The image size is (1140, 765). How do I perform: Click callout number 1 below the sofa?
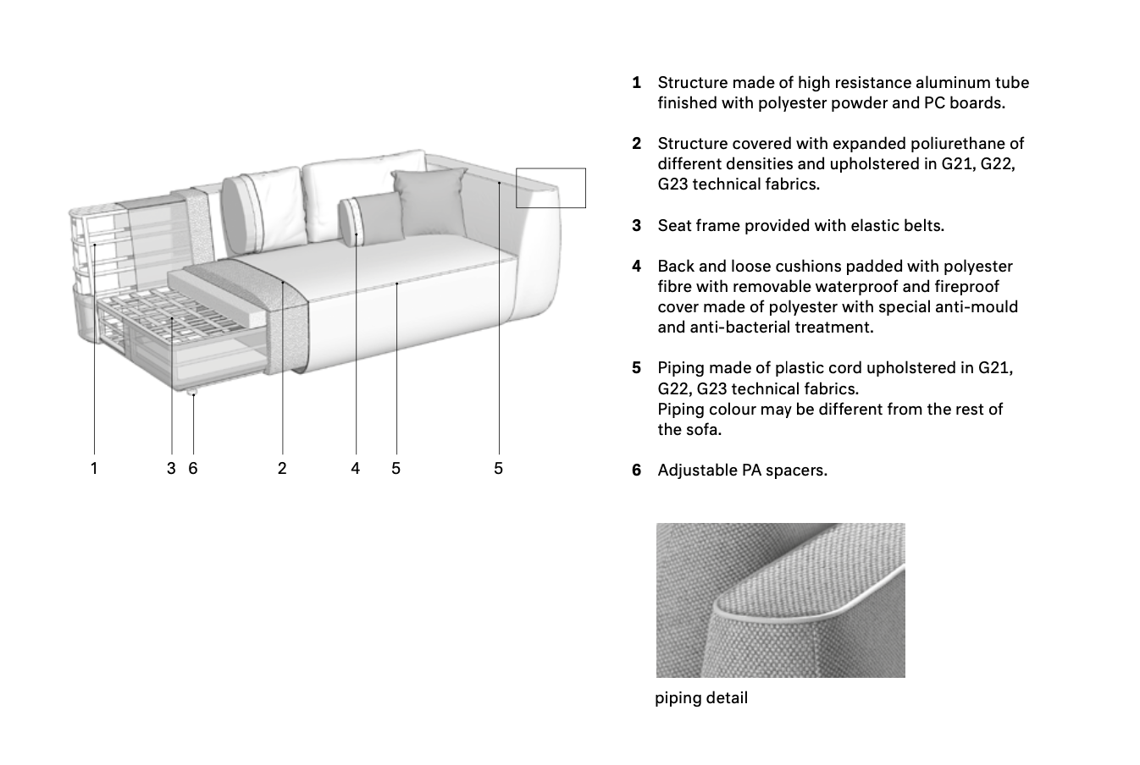[x=94, y=468]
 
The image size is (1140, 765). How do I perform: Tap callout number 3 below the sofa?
[x=171, y=468]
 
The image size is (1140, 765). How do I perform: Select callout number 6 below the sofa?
[x=193, y=468]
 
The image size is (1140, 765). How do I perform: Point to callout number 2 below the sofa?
[x=282, y=468]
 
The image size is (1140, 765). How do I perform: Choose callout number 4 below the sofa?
[x=356, y=468]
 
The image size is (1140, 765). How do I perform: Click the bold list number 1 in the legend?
[x=636, y=83]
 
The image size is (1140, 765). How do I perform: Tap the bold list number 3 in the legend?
[x=636, y=226]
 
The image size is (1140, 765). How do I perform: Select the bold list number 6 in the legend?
[x=636, y=471]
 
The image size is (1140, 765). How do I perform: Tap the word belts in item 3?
[x=921, y=226]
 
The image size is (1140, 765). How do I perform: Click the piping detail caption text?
[x=701, y=698]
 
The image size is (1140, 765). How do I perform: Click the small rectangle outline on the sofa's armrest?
[x=551, y=188]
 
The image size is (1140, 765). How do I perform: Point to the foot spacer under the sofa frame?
[x=192, y=392]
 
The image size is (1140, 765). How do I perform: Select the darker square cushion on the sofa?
[x=429, y=201]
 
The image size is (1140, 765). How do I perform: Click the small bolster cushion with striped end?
[x=369, y=218]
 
